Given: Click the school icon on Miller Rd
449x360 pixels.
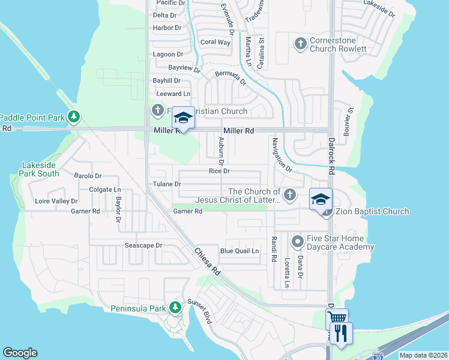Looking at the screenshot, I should pos(184,118).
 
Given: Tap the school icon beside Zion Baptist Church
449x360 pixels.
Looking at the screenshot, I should pos(321,199).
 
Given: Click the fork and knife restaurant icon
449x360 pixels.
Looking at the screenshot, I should pos(342,333).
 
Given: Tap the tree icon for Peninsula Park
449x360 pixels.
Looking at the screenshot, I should pos(175,308).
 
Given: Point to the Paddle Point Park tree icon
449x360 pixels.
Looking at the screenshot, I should pos(74,116).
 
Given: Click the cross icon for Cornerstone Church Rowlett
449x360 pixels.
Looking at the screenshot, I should pos(300,43).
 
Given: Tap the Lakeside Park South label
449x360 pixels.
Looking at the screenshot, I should pos(40,169).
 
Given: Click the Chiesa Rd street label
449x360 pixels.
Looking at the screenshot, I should pos(207,262).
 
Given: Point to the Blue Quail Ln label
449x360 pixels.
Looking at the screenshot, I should pos(240,251).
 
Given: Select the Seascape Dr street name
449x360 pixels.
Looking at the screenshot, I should pos(143,245).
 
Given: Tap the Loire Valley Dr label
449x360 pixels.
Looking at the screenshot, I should pos(56,202).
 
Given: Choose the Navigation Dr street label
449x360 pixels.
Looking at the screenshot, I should pos(281,155).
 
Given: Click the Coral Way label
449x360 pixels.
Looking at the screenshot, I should pos(215,42).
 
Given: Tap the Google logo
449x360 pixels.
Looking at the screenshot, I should pos(20,353).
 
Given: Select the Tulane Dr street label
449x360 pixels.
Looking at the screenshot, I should pos(167,184).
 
